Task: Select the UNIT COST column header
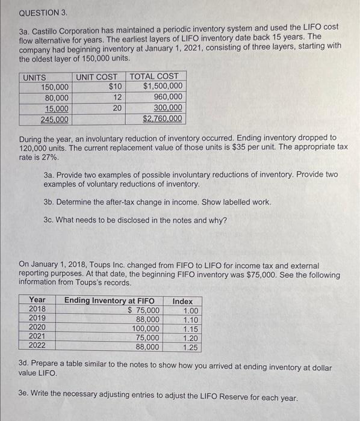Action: pyautogui.click(x=96, y=76)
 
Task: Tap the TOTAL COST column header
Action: pyautogui.click(x=155, y=76)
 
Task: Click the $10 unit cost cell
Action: pyautogui.click(x=116, y=87)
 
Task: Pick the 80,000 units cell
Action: pyautogui.click(x=57, y=97)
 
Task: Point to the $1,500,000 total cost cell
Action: pyautogui.click(x=163, y=87)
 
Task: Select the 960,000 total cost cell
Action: pyautogui.click(x=168, y=97)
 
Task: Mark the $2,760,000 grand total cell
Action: pyautogui.click(x=162, y=119)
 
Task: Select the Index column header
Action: pyautogui.click(x=182, y=301)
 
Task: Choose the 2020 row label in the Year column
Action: pyautogui.click(x=37, y=328)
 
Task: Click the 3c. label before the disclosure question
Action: pyautogui.click(x=50, y=220)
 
